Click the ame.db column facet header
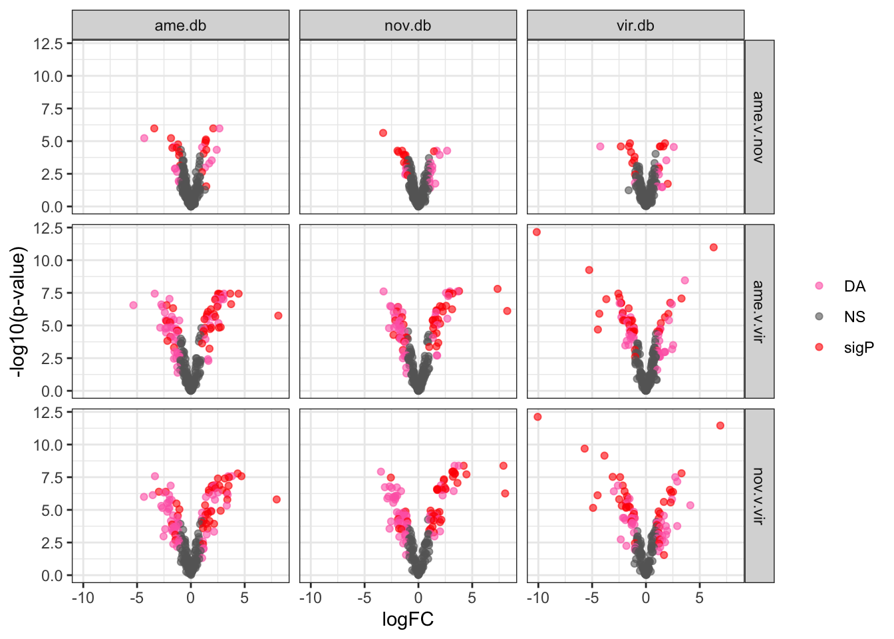point(180,25)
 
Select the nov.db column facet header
point(408,25)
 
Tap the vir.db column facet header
point(635,25)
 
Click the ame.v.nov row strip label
point(758,127)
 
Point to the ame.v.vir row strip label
point(758,311)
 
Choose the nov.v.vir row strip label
point(758,495)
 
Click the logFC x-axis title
point(408,620)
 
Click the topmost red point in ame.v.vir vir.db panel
point(537,232)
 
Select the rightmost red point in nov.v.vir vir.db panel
point(720,425)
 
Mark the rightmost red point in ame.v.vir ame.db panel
point(278,316)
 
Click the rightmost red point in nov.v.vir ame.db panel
point(277,499)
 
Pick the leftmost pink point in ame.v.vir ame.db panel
point(133,305)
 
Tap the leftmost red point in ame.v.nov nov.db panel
point(383,133)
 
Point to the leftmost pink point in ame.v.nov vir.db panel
point(600,146)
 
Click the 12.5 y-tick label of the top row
point(52,43)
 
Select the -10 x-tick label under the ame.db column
point(82,598)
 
